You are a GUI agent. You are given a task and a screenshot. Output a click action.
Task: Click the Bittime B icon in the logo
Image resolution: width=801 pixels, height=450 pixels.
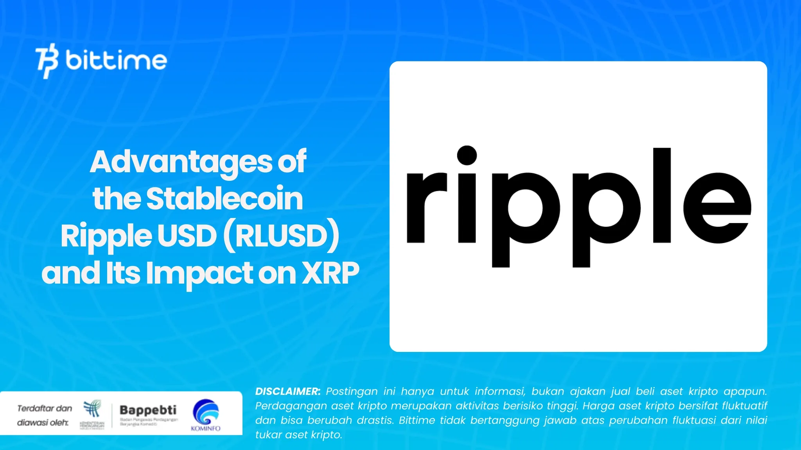pos(47,61)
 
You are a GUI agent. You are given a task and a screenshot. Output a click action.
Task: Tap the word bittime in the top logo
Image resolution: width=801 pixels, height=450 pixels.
pos(116,61)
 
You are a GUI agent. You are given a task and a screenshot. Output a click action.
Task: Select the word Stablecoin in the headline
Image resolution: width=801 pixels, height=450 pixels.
pos(224,198)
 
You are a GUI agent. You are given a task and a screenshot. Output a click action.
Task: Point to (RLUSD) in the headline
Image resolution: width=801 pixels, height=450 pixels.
pos(281,236)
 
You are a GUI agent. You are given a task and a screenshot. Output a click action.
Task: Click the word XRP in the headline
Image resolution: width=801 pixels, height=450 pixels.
pos(331,273)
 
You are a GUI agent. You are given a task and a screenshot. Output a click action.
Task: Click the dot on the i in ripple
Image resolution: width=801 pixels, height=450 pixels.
pos(467,155)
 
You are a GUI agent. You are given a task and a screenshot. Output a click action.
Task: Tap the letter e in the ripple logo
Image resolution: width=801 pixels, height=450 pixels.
pos(717,207)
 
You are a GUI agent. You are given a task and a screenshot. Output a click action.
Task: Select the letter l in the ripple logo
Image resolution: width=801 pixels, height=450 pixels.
pos(662,195)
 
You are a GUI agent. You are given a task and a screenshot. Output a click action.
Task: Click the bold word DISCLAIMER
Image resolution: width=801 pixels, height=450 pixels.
pos(287,391)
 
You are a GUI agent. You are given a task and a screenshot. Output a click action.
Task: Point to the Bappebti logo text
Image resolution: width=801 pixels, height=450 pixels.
pos(148,410)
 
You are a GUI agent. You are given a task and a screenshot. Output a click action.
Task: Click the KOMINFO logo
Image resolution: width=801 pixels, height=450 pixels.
pos(206,415)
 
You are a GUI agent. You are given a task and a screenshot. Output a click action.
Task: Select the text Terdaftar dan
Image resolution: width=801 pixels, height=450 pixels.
pos(45,408)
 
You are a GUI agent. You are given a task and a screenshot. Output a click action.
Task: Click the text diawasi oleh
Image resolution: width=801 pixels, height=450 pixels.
pos(42,422)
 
